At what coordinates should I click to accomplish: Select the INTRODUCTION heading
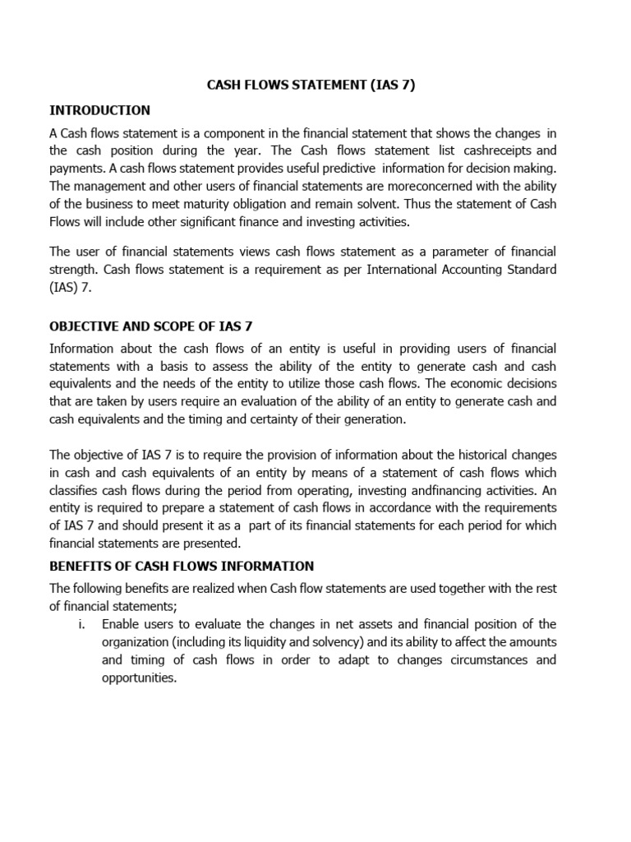pos(99,110)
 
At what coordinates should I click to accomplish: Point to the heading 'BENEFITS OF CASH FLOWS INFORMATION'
pos(182,566)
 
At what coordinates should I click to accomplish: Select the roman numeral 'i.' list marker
pos(82,624)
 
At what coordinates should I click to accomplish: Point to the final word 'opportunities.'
pos(140,678)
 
